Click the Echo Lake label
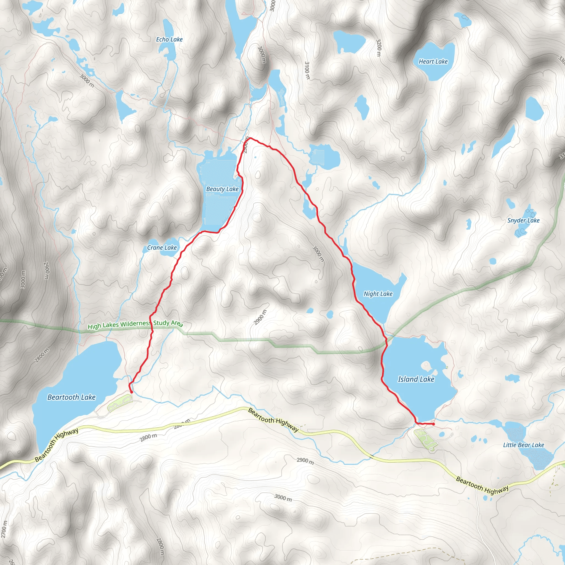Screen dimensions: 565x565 click(169, 39)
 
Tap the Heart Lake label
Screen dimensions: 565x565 click(433, 62)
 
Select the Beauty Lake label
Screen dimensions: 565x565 click(222, 189)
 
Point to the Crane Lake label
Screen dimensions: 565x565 click(162, 248)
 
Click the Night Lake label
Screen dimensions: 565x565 click(378, 294)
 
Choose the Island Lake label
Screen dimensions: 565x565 click(416, 379)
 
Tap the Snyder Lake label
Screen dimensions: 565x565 click(523, 220)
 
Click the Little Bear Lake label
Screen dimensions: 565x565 click(523, 445)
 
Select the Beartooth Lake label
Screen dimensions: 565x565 click(71, 397)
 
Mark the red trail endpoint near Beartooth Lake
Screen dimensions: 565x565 click(131, 392)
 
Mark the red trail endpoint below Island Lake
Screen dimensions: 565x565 click(433, 424)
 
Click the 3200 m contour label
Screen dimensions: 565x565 click(379, 48)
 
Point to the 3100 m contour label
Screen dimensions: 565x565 click(307, 70)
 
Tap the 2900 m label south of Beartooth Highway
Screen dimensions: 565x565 click(305, 461)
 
